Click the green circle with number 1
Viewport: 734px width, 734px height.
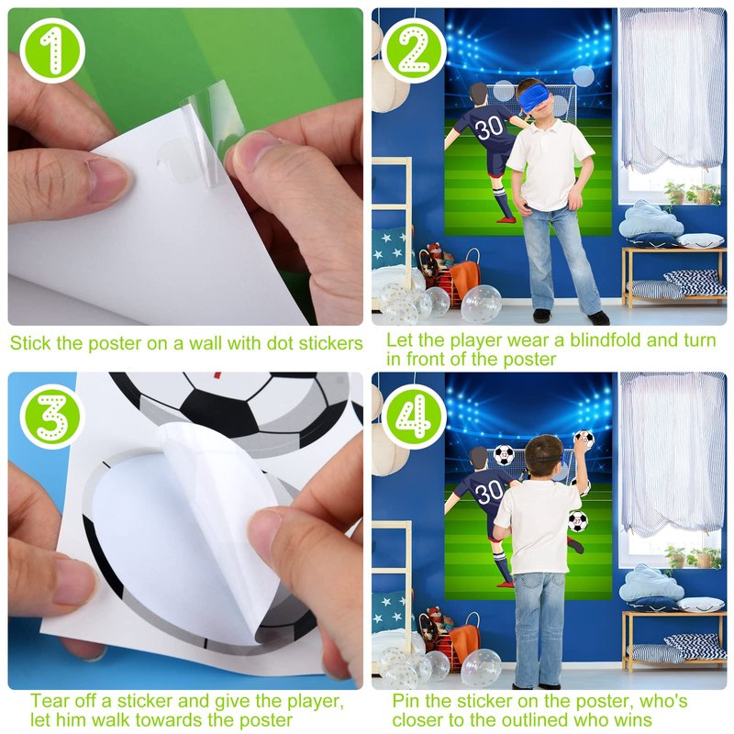tap(52, 50)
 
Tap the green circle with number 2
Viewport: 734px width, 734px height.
tap(415, 50)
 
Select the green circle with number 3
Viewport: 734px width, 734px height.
tap(52, 417)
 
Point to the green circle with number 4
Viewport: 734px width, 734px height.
tap(415, 417)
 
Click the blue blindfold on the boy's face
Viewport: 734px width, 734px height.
tap(534, 97)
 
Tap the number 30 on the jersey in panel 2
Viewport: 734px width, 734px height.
tap(489, 128)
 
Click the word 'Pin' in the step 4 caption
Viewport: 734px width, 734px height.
tap(406, 701)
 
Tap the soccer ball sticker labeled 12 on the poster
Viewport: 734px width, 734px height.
tap(504, 454)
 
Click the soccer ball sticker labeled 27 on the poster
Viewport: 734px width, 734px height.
tap(578, 521)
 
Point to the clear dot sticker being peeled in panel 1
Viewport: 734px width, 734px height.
tap(174, 157)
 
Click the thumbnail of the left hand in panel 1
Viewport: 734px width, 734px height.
tap(108, 178)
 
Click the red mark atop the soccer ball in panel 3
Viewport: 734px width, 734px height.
tap(217, 375)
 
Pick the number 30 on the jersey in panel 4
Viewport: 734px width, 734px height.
tap(489, 493)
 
